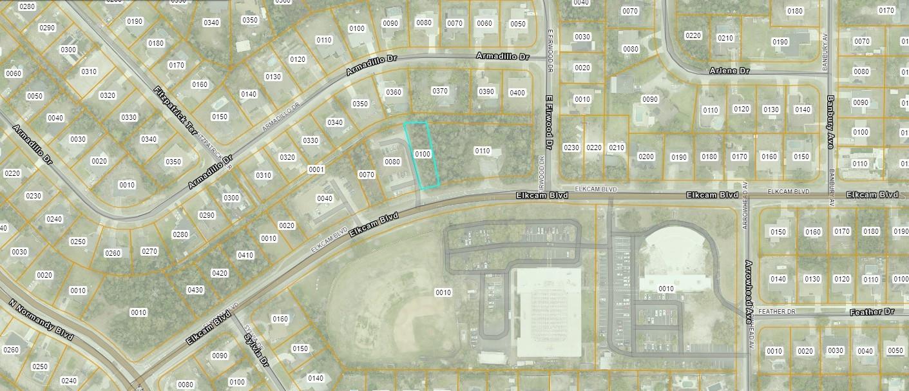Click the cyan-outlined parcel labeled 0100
(x=422, y=154)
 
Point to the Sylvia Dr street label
(x=255, y=349)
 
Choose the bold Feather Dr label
(x=872, y=312)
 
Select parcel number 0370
(x=440, y=91)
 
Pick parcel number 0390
(x=486, y=91)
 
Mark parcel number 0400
(x=517, y=93)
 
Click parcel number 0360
(x=393, y=92)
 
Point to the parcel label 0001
(x=316, y=169)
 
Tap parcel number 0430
(x=195, y=290)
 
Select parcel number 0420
(x=220, y=273)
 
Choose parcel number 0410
(x=245, y=255)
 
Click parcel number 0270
(x=149, y=251)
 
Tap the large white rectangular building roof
(x=548, y=312)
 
